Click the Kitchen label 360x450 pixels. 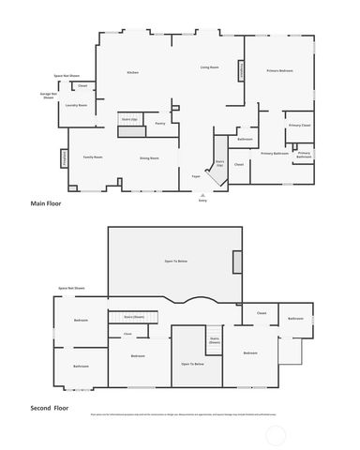[x=132, y=72]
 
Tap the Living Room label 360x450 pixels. [x=209, y=67]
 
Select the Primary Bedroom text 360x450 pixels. [x=279, y=71]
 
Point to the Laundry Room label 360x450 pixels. [x=77, y=106]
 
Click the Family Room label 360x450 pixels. [x=92, y=157]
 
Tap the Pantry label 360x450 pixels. [x=160, y=123]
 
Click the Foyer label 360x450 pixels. [x=197, y=176]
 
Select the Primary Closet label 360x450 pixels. [x=299, y=125]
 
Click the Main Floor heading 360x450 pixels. [x=46, y=202]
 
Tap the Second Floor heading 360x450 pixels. [x=51, y=409]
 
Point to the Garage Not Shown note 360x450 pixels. [x=49, y=96]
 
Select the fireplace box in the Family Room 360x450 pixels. [x=65, y=160]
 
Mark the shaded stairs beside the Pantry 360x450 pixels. [x=129, y=119]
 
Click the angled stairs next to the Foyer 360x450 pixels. [x=218, y=163]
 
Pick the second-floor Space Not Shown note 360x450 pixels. [x=71, y=289]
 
